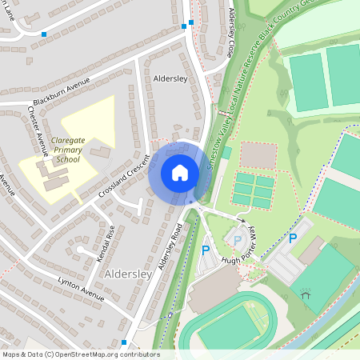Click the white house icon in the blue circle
(x=179, y=173)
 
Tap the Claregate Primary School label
(x=68, y=150)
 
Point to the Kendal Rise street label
(x=106, y=241)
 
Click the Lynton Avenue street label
(x=81, y=289)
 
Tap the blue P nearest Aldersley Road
(x=206, y=250)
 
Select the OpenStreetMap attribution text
(x=80, y=354)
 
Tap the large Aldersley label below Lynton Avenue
(x=128, y=274)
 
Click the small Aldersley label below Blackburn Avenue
(x=170, y=80)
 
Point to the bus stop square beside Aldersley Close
(x=184, y=26)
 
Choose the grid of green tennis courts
(x=254, y=190)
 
